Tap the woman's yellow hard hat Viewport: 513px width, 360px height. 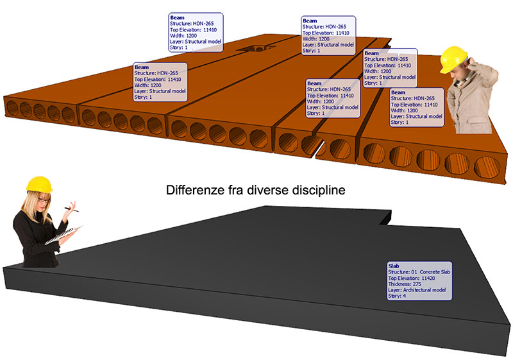pyautogui.click(x=39, y=184)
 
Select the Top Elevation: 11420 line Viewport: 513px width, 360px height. pyautogui.click(x=416, y=277)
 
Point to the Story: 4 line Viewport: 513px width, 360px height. pyautogui.click(x=398, y=296)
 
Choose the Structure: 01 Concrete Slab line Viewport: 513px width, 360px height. pyautogui.click(x=419, y=271)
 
